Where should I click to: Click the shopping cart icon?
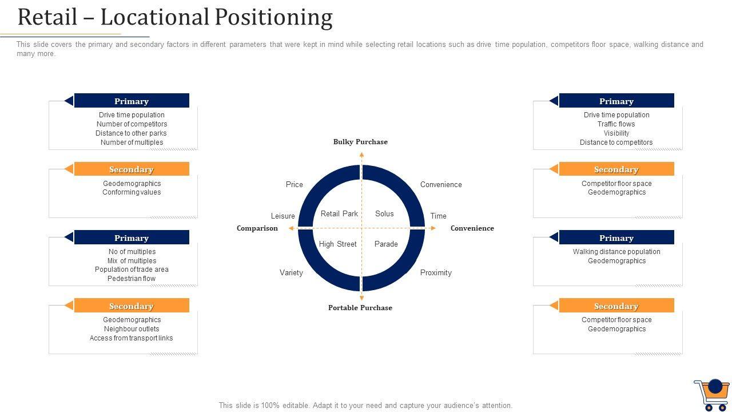711,394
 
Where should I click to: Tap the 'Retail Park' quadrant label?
339,214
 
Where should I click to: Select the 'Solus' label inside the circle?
384,214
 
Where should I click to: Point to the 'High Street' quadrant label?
337,244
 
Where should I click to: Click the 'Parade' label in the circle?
386,244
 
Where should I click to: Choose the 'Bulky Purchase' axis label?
360,142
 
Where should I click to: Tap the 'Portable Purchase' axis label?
360,308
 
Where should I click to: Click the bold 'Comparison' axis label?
257,228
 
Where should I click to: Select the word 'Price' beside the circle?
295,185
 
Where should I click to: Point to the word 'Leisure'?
283,216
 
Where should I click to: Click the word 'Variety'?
291,273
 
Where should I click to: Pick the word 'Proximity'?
436,273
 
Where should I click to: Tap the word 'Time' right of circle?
439,216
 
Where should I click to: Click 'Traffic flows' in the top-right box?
616,124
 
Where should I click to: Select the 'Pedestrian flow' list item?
132,279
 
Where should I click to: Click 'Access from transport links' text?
131,338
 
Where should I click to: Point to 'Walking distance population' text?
616,252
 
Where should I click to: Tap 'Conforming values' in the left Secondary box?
132,192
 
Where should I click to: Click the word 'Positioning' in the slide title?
273,17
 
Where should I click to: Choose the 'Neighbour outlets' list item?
132,329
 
